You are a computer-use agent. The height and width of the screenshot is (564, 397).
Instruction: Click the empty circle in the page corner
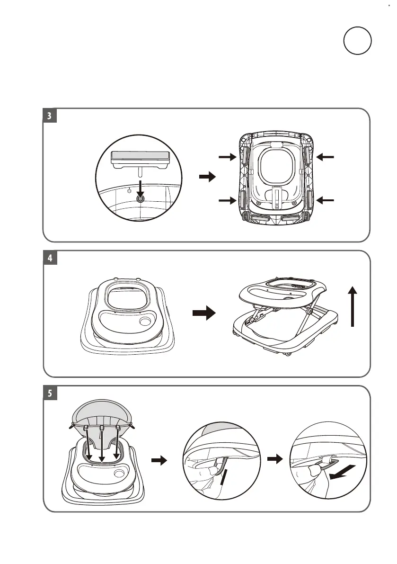[358, 41]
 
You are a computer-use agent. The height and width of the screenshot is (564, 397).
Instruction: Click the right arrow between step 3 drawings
[206, 177]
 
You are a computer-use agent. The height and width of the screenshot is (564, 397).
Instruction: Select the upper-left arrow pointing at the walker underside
[227, 157]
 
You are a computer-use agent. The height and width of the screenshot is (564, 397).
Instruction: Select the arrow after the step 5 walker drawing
[159, 460]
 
